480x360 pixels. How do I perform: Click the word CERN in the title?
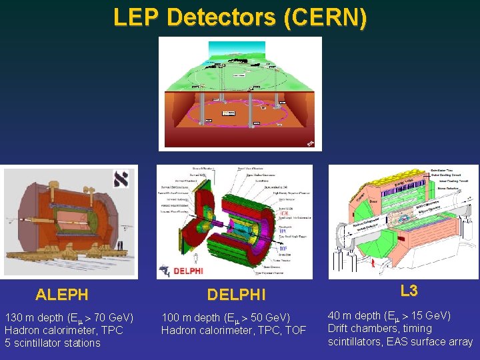coord(325,17)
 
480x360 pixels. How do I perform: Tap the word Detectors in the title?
coord(221,17)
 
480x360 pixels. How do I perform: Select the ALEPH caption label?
coord(62,294)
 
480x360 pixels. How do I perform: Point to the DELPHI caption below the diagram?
coord(236,294)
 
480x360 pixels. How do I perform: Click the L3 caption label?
coord(409,291)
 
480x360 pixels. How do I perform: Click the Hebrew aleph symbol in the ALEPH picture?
coord(121,180)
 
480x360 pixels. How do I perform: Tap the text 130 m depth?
coord(37,317)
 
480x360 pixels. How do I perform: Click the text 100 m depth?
coord(194,317)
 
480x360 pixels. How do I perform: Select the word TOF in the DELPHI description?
coord(294,330)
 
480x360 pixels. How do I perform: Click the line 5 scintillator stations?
coord(53,343)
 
